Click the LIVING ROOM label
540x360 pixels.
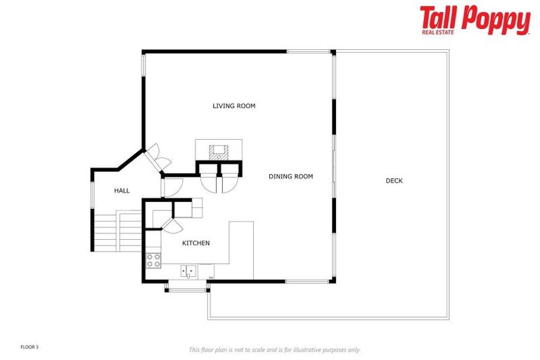pyautogui.click(x=234, y=106)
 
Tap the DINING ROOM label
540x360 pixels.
pyautogui.click(x=290, y=176)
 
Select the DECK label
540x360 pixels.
pyautogui.click(x=394, y=181)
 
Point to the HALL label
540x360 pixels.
pyautogui.click(x=122, y=190)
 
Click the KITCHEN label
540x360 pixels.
pyautogui.click(x=195, y=243)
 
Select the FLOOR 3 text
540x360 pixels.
pyautogui.click(x=30, y=347)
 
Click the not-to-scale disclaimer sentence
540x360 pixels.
pyautogui.click(x=274, y=349)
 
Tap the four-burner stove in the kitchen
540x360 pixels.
pyautogui.click(x=153, y=260)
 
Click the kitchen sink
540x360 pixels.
pyautogui.click(x=188, y=269)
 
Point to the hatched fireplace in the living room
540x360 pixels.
pyautogui.click(x=219, y=150)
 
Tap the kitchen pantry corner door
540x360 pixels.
pyautogui.click(x=171, y=224)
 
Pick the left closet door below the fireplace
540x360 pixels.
pyautogui.click(x=209, y=180)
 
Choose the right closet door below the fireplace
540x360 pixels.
pyautogui.click(x=229, y=180)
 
